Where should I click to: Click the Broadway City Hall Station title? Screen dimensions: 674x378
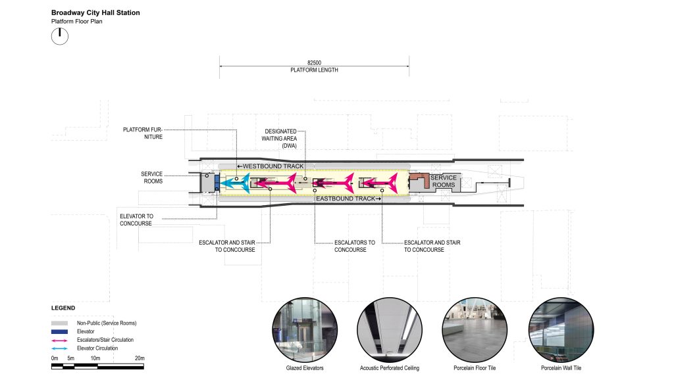click(95, 13)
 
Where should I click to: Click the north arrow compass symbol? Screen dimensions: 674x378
click(60, 37)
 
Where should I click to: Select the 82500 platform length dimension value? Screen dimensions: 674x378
click(314, 62)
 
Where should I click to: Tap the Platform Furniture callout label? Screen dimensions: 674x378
click(143, 133)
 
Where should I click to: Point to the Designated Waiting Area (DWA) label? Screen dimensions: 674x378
click(279, 138)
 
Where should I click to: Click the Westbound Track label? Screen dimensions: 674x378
click(271, 166)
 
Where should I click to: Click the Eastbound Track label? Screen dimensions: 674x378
click(349, 199)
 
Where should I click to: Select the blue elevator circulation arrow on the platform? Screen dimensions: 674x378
click(235, 183)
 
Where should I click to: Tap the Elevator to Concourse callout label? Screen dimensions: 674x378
click(136, 220)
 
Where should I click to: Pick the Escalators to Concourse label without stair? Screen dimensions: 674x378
click(355, 246)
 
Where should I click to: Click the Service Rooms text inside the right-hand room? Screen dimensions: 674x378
click(444, 181)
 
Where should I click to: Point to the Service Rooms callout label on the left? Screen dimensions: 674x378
click(152, 177)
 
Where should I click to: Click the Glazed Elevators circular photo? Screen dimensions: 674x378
click(305, 330)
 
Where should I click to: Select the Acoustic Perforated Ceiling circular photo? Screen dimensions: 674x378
click(390, 330)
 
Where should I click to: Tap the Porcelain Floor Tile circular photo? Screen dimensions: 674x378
click(475, 330)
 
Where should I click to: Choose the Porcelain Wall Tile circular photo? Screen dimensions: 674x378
click(561, 330)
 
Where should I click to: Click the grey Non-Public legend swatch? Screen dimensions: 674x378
click(59, 323)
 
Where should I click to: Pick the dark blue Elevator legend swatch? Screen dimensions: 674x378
click(59, 331)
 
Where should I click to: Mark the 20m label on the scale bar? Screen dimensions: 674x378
click(140, 358)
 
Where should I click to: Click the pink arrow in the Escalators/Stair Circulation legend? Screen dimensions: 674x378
click(59, 341)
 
